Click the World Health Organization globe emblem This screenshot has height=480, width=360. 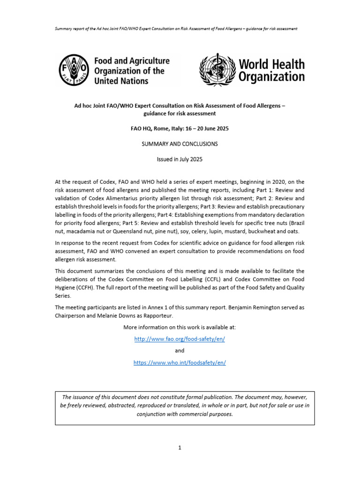[217, 70]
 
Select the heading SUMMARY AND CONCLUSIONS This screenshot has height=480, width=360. [180, 144]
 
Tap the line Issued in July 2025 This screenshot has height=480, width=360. [180, 159]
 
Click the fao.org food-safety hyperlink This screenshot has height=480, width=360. [180, 339]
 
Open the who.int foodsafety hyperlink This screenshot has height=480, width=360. [180, 363]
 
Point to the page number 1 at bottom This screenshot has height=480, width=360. [180, 448]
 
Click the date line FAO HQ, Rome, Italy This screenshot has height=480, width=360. [180, 128]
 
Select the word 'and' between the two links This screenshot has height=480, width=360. [180, 351]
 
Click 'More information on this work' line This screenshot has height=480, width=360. [180, 327]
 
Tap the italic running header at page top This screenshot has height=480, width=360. [180, 29]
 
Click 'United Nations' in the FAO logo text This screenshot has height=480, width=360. [121, 81]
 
